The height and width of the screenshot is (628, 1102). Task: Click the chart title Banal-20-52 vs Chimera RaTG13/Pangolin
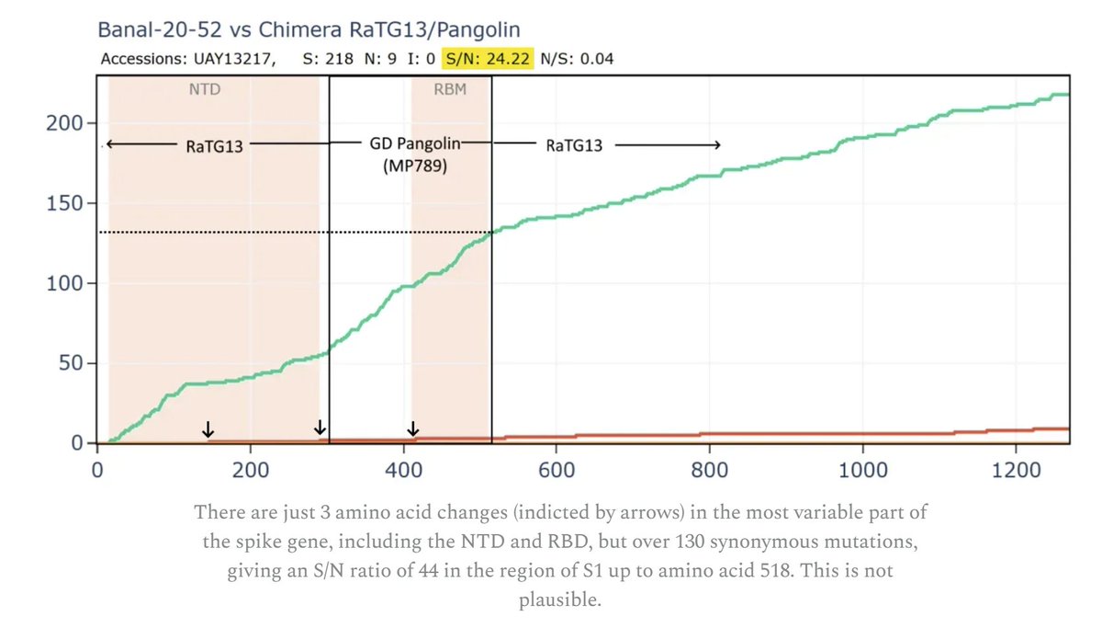point(309,29)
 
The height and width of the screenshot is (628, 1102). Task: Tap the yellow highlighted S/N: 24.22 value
point(488,59)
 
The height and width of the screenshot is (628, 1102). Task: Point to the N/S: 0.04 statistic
point(577,59)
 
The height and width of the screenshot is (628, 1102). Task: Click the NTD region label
point(205,89)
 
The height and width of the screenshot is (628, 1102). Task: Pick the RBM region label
point(450,89)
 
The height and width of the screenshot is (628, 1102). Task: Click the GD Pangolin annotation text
point(415,143)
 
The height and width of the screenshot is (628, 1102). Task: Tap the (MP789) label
point(415,166)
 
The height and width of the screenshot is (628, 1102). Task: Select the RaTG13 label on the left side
point(215,146)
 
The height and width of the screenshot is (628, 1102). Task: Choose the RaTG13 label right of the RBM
point(574,145)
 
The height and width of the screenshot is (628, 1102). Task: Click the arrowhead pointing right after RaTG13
point(718,144)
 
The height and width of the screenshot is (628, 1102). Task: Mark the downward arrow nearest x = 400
point(413,428)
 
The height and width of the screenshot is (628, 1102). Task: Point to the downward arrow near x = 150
point(208,429)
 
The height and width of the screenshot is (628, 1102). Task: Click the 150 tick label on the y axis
point(64,203)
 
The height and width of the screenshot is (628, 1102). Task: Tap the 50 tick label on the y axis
point(71,363)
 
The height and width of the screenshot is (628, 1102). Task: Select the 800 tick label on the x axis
point(709,470)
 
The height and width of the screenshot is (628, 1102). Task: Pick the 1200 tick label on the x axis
point(1016,470)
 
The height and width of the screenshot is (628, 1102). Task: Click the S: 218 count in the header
point(328,59)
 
